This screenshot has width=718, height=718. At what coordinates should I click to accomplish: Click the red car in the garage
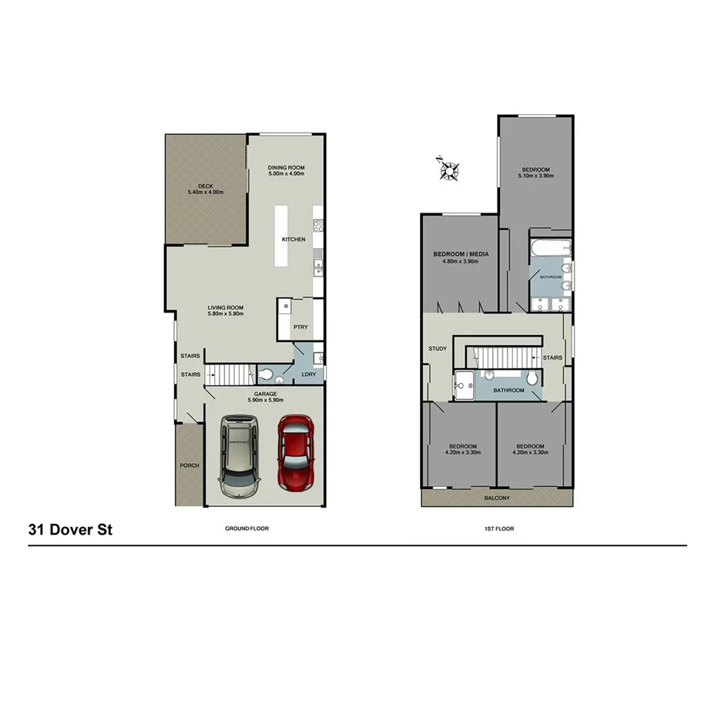pyautogui.click(x=296, y=454)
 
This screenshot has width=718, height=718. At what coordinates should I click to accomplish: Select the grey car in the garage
pyautogui.click(x=239, y=456)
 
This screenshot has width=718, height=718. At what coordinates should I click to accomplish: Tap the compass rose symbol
pyautogui.click(x=448, y=169)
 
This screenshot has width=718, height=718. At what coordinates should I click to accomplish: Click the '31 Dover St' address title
pyautogui.click(x=70, y=530)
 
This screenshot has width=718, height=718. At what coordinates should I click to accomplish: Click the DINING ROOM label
pyautogui.click(x=287, y=167)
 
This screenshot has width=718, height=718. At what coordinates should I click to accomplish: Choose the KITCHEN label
pyautogui.click(x=294, y=240)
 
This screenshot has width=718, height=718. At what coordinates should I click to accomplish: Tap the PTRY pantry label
pyautogui.click(x=300, y=327)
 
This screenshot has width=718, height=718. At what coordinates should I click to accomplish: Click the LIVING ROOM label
pyautogui.click(x=226, y=307)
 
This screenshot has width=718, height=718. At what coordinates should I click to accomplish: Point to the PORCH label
pyautogui.click(x=189, y=465)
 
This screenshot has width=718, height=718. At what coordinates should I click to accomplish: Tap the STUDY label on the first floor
pyautogui.click(x=438, y=349)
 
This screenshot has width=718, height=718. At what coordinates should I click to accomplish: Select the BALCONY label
pyautogui.click(x=497, y=498)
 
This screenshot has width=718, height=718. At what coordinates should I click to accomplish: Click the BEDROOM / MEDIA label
pyautogui.click(x=461, y=254)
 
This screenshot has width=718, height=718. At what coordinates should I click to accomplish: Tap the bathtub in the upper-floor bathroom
pyautogui.click(x=550, y=247)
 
